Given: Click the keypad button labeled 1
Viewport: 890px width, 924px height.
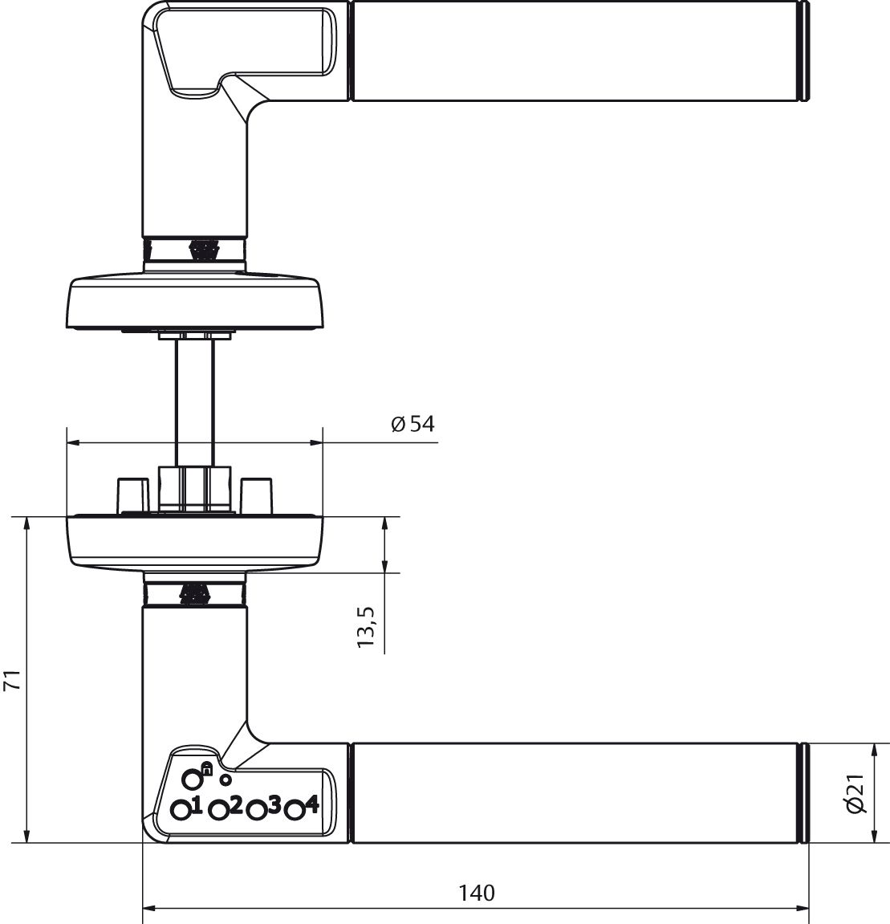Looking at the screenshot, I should coord(182,810).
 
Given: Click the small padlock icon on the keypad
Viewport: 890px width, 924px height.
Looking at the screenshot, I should coord(206,768).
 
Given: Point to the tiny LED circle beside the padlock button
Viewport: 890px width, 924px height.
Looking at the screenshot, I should coord(226,779).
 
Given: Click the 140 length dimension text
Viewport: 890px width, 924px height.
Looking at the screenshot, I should coord(477,892).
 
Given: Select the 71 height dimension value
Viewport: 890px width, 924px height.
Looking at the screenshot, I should coord(10,682).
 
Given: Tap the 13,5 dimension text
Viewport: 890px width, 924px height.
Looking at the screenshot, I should coord(367,627).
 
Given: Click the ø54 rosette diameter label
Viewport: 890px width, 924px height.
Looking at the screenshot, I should coord(413,424).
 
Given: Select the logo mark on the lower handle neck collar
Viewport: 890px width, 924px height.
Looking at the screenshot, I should coord(193,595).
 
